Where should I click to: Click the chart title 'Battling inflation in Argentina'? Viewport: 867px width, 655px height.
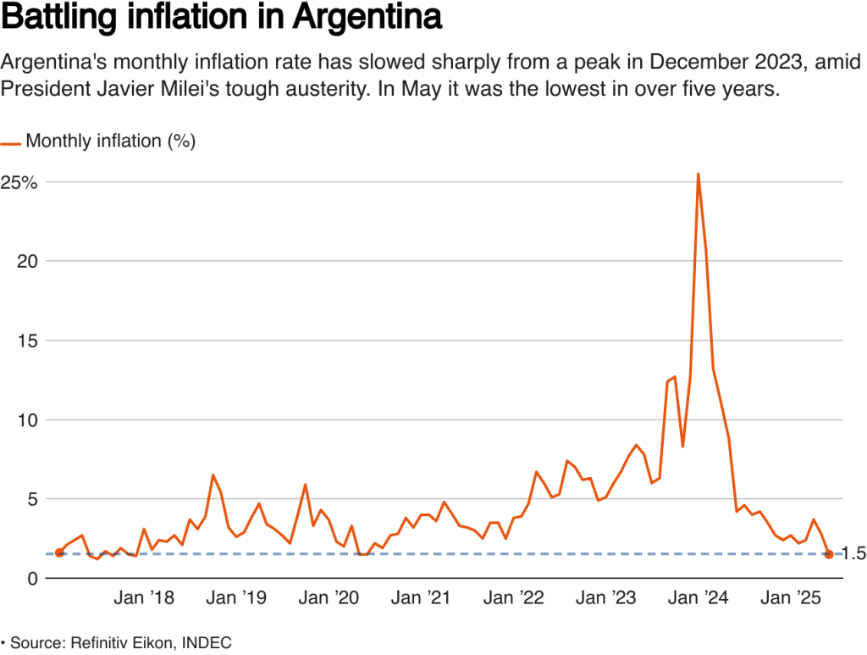click(221, 19)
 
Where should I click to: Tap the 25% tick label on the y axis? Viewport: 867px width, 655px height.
click(19, 182)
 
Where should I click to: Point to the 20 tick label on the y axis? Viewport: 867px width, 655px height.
click(28, 261)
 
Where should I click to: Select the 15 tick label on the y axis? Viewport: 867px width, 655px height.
click(28, 341)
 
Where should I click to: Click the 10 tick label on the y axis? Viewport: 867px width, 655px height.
click(28, 420)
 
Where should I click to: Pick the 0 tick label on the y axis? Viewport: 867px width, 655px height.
click(33, 579)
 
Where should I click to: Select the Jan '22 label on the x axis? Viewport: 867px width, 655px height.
click(513, 598)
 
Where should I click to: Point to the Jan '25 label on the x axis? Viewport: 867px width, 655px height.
click(790, 598)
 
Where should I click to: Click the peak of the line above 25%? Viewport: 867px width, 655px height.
click(698, 175)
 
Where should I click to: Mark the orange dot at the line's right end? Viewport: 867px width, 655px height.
click(829, 554)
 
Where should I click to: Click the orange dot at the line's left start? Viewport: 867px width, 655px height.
click(58, 552)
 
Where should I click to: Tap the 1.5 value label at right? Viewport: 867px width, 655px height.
click(854, 554)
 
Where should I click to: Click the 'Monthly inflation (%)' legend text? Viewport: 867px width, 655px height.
click(111, 142)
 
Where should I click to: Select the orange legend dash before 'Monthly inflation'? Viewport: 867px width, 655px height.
click(11, 142)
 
